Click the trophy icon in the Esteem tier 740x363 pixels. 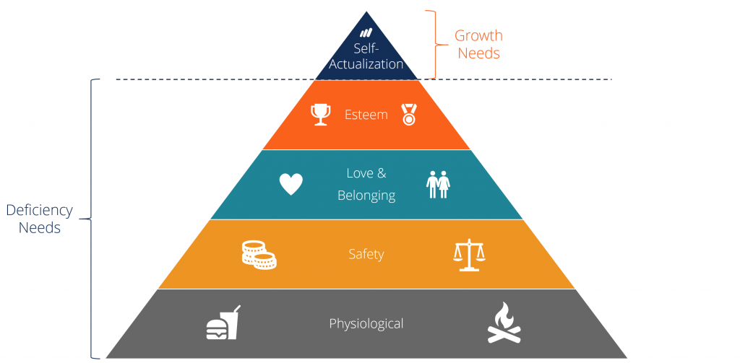pyautogui.click(x=319, y=115)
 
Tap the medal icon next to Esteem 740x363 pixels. pyautogui.click(x=408, y=115)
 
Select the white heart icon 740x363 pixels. pyautogui.click(x=291, y=184)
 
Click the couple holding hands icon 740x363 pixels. pyautogui.click(x=439, y=184)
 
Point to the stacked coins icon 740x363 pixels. pyautogui.click(x=259, y=255)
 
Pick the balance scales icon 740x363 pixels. pyautogui.click(x=468, y=255)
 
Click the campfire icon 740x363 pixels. pyautogui.click(x=504, y=323)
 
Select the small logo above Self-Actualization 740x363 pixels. pyautogui.click(x=366, y=33)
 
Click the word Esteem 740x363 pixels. pyautogui.click(x=366, y=115)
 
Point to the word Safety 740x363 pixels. pyautogui.click(x=366, y=255)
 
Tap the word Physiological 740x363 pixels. pyautogui.click(x=366, y=324)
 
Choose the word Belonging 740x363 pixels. pyautogui.click(x=366, y=196)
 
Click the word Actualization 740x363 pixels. pyautogui.click(x=366, y=64)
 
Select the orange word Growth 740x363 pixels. pyautogui.click(x=478, y=36)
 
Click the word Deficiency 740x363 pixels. pyautogui.click(x=39, y=211)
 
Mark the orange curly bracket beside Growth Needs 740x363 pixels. pyautogui.click(x=436, y=45)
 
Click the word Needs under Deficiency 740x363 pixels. pyautogui.click(x=40, y=228)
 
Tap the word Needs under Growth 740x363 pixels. pyautogui.click(x=478, y=53)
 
